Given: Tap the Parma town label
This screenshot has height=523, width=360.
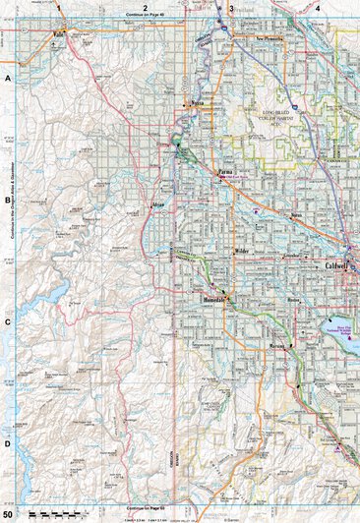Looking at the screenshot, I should (x=225, y=172).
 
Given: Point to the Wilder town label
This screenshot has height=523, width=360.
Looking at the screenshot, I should (x=242, y=252).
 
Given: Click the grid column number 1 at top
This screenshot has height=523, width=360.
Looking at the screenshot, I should (x=59, y=7).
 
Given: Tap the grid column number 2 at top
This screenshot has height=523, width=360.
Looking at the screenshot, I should (x=145, y=7).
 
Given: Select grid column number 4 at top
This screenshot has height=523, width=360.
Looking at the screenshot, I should (x=317, y=7).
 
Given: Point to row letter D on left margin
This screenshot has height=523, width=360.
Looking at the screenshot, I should (x=7, y=443).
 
